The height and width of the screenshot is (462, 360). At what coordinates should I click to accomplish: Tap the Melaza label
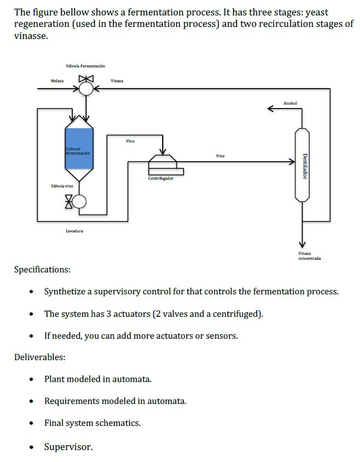(57, 81)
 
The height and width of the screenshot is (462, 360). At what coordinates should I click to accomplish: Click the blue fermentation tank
(79, 148)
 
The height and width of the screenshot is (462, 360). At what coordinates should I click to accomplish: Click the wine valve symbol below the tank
(79, 202)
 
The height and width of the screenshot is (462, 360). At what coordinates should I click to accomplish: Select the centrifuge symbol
(163, 163)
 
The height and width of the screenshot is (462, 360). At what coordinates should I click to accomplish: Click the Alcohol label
(291, 102)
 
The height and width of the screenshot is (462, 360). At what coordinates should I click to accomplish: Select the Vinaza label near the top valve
(117, 81)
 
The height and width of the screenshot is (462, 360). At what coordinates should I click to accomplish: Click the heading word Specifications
(42, 270)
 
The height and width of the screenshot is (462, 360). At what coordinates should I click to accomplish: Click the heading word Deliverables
(39, 357)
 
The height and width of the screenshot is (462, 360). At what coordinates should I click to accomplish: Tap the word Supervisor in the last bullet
(68, 447)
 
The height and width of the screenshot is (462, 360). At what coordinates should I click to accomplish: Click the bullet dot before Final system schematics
(33, 424)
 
